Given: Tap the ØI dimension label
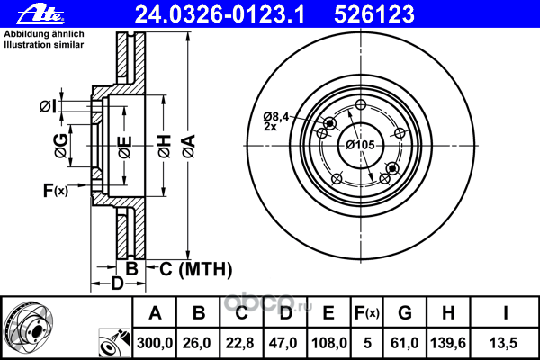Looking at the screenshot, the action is pyautogui.click(x=49, y=108).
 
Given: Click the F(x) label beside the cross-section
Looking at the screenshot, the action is pyautogui.click(x=55, y=190).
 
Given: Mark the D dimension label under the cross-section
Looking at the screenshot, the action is pyautogui.click(x=116, y=285).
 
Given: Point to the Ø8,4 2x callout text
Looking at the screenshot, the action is pyautogui.click(x=275, y=121).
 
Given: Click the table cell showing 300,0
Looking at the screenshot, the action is pyautogui.click(x=156, y=341).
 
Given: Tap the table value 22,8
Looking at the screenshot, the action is pyautogui.click(x=242, y=341).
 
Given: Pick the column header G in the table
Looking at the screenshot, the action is pyautogui.click(x=405, y=313).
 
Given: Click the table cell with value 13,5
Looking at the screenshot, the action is pyautogui.click(x=505, y=341).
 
